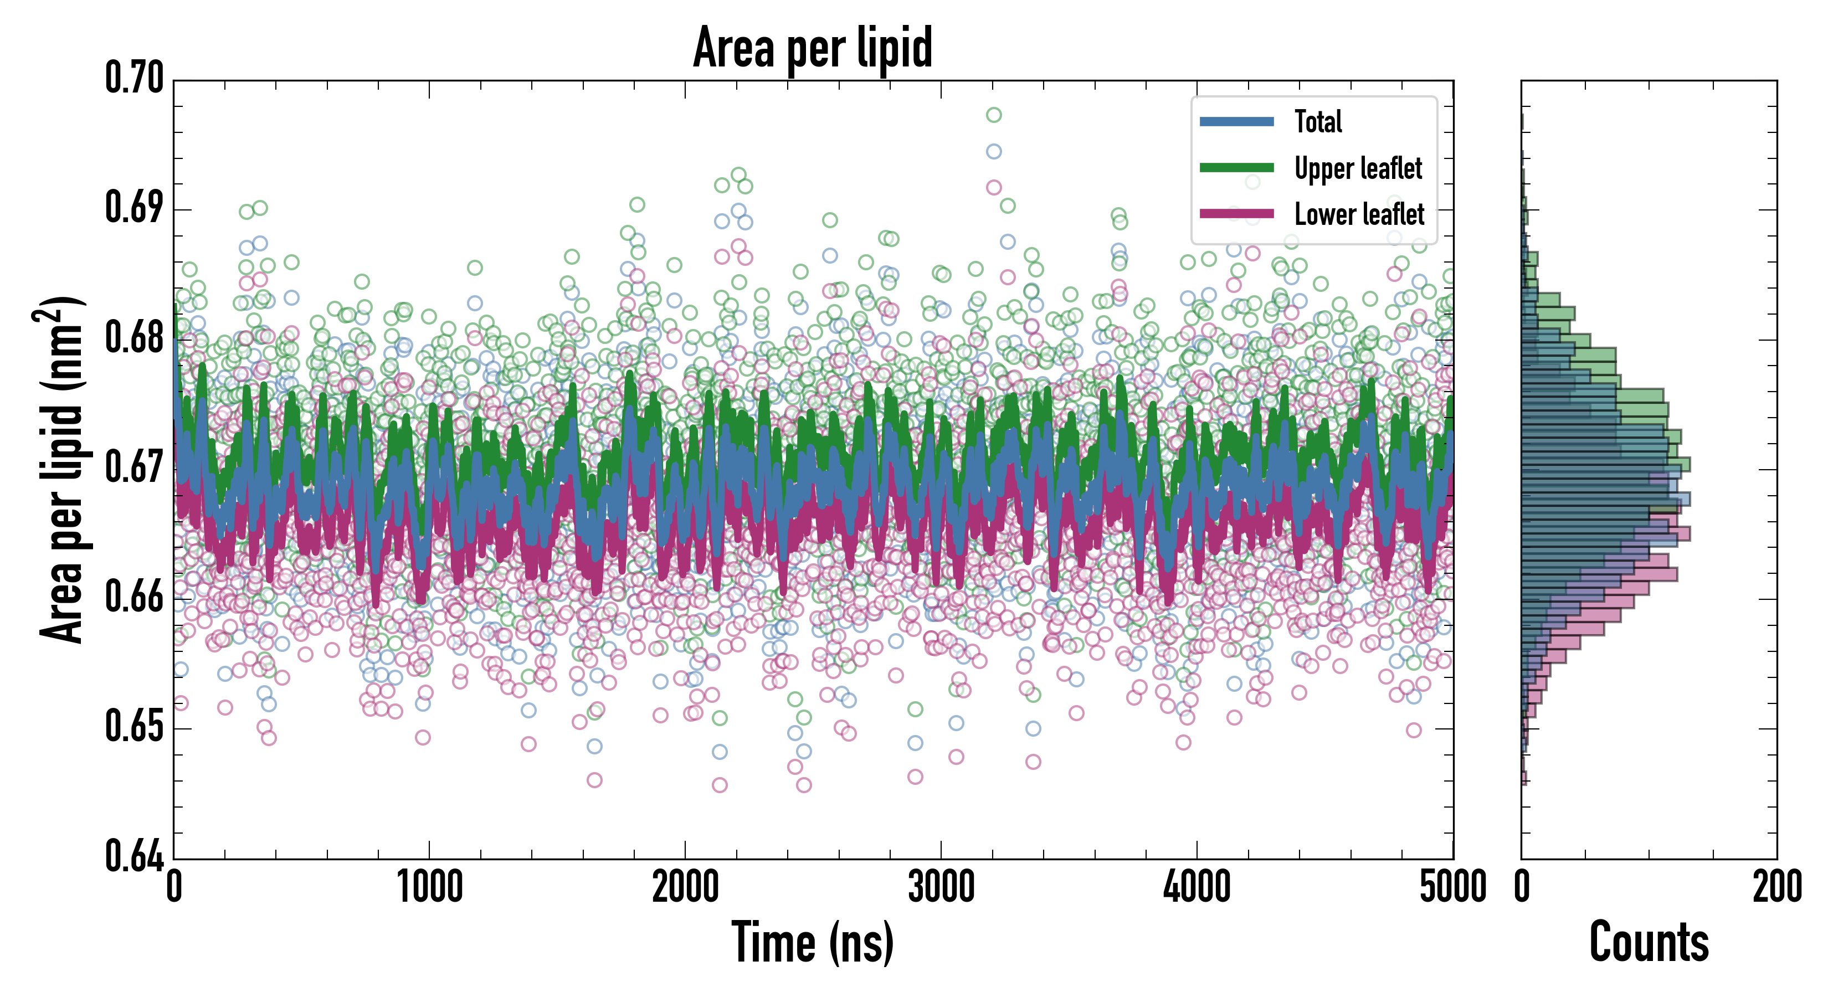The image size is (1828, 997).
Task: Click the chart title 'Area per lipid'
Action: click(813, 47)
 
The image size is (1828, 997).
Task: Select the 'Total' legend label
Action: click(1318, 121)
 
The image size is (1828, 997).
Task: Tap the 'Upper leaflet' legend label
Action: click(1358, 168)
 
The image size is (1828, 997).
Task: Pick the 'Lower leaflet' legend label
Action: click(1359, 214)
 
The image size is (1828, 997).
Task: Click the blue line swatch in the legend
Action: click(1236, 121)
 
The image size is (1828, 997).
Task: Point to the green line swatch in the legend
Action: click(1236, 167)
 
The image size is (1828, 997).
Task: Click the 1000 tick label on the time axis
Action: click(429, 887)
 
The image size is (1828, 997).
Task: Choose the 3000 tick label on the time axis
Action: click(941, 887)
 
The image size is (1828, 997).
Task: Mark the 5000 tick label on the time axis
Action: click(1452, 887)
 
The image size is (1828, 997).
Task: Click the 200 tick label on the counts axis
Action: click(1776, 887)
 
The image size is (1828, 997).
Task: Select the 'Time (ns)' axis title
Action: click(813, 942)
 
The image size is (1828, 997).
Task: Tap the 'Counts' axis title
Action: click(1649, 942)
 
